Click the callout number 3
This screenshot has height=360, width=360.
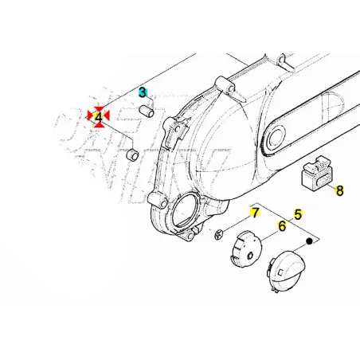coord(143,92)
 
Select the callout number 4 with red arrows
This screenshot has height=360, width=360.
coord(99,117)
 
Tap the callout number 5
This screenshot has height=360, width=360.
coord(298,213)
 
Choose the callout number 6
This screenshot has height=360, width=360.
coord(281,226)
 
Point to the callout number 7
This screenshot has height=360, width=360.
coord(255,213)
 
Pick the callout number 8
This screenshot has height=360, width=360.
coord(339,190)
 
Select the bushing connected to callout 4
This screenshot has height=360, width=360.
coord(132,151)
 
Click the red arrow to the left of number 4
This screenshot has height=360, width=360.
coord(90,117)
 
